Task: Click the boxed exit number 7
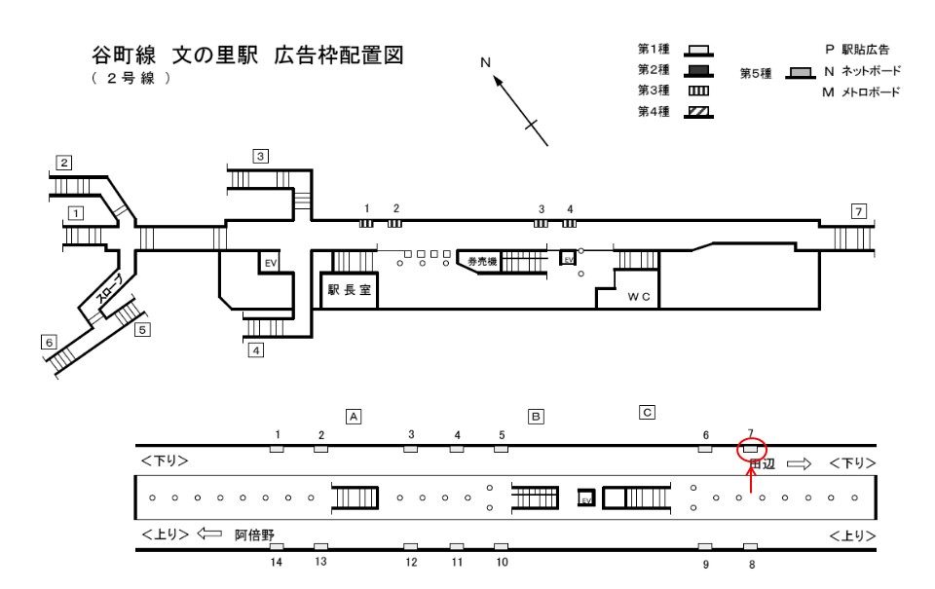point(858,210)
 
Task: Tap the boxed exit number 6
point(48,341)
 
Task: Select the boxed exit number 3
point(260,155)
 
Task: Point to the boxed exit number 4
point(256,350)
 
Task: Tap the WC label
point(638,296)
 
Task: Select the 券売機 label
point(482,262)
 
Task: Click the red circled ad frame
point(750,449)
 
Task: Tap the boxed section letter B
point(535,417)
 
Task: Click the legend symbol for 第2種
point(696,69)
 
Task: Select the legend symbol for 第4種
point(696,110)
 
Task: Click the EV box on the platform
point(585,498)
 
